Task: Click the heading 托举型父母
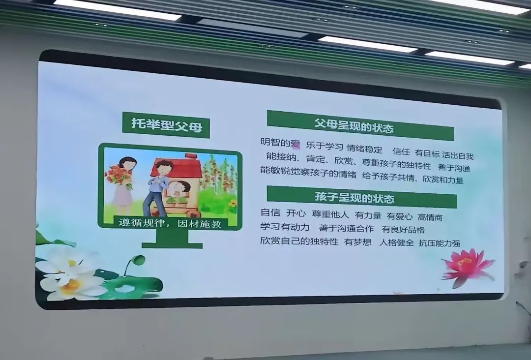point(167,125)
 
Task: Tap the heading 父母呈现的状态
point(354,125)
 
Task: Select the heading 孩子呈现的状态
point(354,197)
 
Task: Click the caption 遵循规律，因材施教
point(170,223)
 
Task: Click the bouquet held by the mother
point(118,176)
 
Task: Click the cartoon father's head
point(164,168)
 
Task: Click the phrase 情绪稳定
point(364,149)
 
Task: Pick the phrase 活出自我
point(458,155)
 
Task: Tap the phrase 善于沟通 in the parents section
point(454,168)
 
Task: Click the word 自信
point(270,212)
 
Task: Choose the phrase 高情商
point(430,217)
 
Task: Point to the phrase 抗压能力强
point(440,243)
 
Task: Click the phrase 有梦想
point(357,242)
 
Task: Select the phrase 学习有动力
point(285,227)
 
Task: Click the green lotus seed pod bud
point(138,261)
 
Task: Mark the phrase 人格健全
point(397,242)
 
